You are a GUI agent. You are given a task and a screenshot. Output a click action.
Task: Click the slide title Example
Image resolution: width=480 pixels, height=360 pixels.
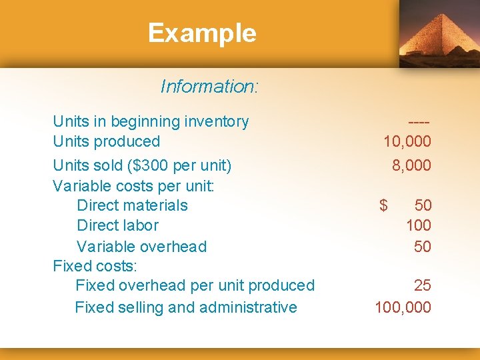[x=202, y=33]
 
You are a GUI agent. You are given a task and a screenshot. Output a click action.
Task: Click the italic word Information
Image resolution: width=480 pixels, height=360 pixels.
[x=209, y=87]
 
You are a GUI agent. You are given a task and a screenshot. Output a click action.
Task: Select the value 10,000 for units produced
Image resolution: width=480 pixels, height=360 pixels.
[x=407, y=141]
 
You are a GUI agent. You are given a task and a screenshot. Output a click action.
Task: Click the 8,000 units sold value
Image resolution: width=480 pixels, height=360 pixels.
[x=411, y=165]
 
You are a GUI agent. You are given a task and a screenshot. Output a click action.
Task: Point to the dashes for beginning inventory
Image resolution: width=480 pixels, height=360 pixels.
[x=419, y=122]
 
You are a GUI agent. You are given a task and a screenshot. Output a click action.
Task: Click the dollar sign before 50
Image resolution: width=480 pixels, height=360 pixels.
[x=383, y=205]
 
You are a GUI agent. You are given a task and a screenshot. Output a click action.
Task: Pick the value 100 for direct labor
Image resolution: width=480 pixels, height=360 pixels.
[x=419, y=225]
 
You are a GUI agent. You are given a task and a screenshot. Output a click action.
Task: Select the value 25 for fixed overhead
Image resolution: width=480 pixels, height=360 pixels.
[x=422, y=285]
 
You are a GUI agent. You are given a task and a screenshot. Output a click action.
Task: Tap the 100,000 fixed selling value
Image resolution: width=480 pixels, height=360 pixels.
[x=403, y=307]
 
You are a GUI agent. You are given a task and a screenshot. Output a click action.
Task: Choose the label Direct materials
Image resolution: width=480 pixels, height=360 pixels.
[x=132, y=205]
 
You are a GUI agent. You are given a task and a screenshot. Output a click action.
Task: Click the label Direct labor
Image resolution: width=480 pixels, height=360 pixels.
[x=117, y=225]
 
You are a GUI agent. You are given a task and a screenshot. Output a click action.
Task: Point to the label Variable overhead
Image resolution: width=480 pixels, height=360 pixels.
[x=141, y=247]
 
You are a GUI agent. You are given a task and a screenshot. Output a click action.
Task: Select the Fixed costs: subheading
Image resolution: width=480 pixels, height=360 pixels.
[x=95, y=266]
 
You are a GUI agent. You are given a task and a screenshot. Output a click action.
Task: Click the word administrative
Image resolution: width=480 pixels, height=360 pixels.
[x=255, y=307]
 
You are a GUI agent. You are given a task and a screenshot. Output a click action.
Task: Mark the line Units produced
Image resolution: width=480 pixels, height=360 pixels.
[x=107, y=141]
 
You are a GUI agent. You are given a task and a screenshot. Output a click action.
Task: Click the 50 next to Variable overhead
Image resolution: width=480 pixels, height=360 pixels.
[x=422, y=247]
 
